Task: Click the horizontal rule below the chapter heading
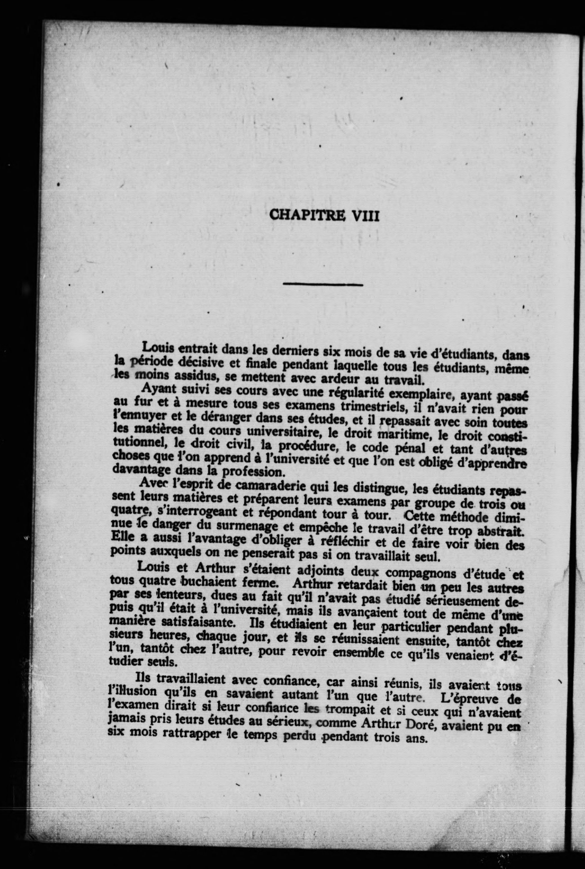tap(323, 285)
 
